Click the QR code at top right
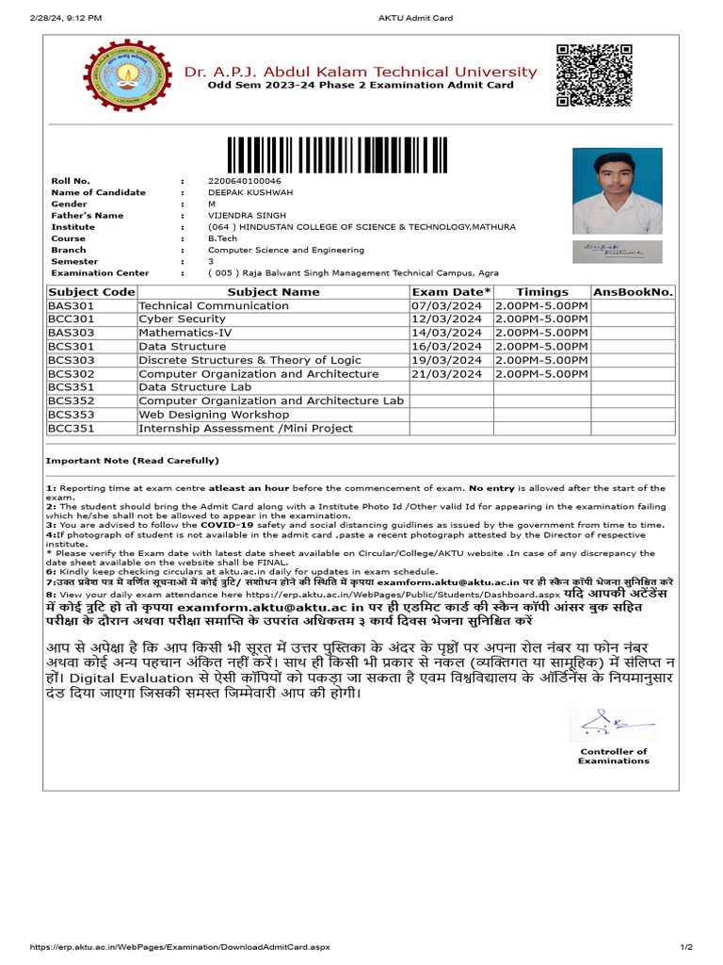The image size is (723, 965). coord(586,74)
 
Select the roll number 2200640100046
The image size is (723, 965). coord(244,181)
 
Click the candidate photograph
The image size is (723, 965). coord(617,191)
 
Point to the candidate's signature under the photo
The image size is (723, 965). coord(617,252)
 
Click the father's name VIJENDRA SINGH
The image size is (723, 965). coord(247,216)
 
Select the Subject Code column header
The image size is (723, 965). coord(91,292)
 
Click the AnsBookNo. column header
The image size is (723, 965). coord(633,292)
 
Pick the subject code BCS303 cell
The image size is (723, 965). coord(72,360)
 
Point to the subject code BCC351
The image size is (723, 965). coord(72,429)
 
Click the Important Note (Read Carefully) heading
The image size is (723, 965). coord(132,461)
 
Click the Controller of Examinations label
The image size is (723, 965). coord(613,756)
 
